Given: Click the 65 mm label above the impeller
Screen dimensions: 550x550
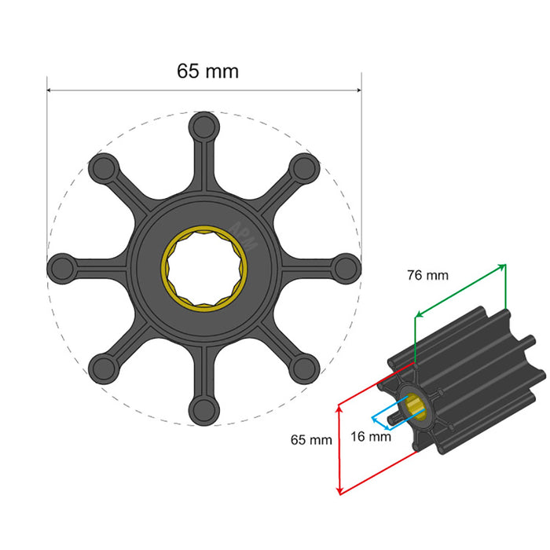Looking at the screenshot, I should click(207, 71).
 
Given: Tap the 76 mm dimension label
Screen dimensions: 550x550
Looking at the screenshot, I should click(427, 275).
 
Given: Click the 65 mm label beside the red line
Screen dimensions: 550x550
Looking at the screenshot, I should click(310, 440).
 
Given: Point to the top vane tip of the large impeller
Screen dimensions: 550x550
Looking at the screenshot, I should click(203, 126).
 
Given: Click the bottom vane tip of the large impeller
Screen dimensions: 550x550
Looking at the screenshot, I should click(203, 408).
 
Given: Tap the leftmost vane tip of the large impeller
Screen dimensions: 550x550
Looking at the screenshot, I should click(62, 267).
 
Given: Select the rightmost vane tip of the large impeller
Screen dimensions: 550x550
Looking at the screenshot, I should click(345, 267).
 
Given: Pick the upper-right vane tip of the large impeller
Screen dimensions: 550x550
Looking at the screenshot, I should click(304, 167).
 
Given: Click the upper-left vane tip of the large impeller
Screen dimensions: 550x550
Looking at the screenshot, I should click(103, 167).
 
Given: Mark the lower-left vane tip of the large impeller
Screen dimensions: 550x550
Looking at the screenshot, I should click(103, 367).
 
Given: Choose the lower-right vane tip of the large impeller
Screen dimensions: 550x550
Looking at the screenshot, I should click(304, 367).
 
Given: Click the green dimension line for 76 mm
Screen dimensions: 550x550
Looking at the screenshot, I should click(460, 290).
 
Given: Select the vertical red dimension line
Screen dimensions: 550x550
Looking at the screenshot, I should click(339, 449).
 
